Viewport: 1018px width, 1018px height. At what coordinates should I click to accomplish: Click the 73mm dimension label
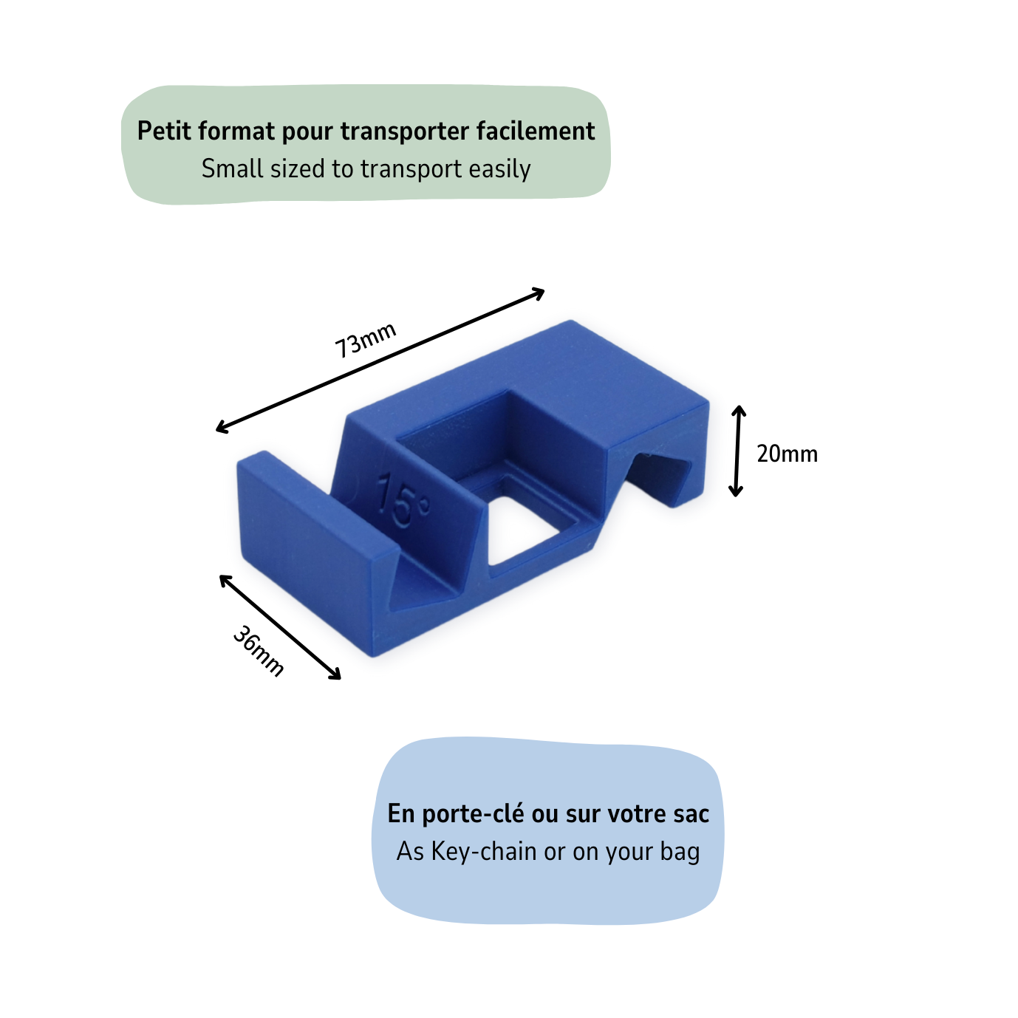[x=365, y=340]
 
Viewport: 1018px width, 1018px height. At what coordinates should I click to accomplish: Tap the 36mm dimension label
[x=259, y=651]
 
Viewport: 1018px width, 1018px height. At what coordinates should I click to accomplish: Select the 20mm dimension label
[x=787, y=454]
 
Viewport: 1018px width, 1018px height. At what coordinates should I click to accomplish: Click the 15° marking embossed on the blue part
[x=403, y=502]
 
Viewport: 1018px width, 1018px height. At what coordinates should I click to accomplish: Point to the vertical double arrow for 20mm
[x=737, y=451]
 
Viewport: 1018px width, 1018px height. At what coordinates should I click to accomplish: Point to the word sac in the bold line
[x=691, y=814]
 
